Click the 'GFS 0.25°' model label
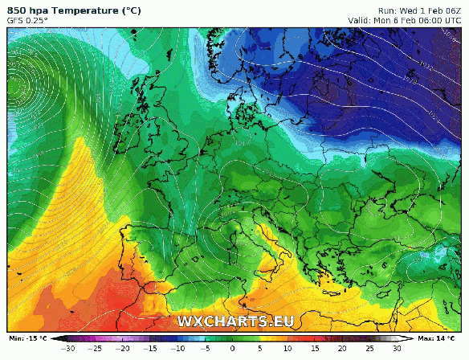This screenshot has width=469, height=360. click(x=28, y=21)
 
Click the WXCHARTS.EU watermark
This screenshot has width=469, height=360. click(x=234, y=321)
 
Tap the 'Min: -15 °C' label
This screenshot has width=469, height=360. click(x=27, y=338)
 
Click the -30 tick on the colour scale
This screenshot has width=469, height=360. click(x=68, y=350)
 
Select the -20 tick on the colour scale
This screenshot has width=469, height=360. click(x=123, y=350)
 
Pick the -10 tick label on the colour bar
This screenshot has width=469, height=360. click(x=177, y=350)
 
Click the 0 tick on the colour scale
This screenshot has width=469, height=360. click(x=233, y=350)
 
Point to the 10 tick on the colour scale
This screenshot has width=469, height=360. click(x=288, y=350)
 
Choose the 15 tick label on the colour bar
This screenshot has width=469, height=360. click(x=315, y=350)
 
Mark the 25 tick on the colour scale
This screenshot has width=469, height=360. click(x=369, y=350)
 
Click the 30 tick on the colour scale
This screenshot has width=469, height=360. click(x=397, y=350)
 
